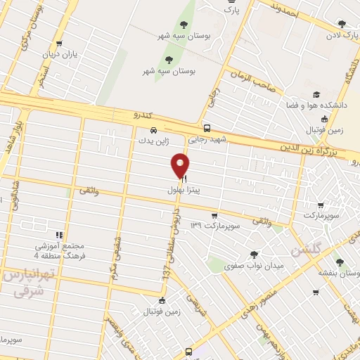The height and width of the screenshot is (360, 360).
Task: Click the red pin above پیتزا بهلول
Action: pos(181,165)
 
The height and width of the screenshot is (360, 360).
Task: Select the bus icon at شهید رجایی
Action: pos(207,128)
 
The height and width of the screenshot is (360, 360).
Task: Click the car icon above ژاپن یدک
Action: pos(153,130)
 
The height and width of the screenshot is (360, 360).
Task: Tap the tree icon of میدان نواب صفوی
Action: pos(253,255)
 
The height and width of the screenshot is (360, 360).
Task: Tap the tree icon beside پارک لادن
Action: pos(342,24)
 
